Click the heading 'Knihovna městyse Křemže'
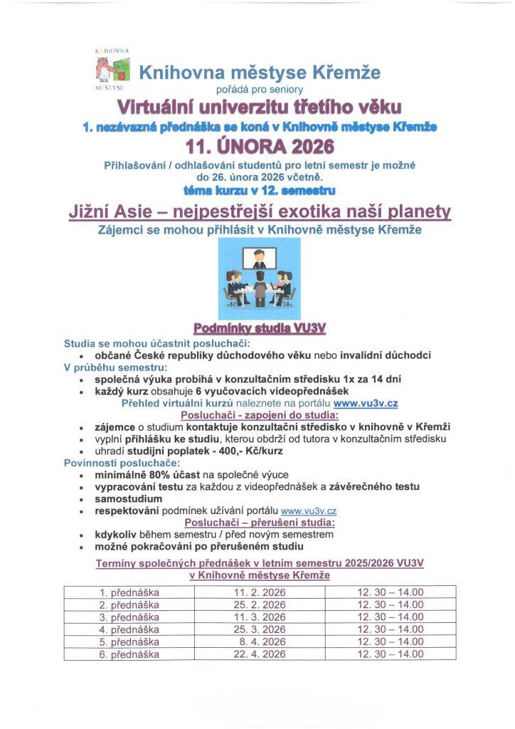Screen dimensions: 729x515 coord(260,73)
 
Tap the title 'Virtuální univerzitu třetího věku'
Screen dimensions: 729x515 coord(260,107)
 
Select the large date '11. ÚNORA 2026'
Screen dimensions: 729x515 coord(260,147)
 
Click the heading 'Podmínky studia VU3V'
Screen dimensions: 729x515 coord(260,328)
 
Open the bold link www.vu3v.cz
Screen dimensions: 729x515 coord(366,403)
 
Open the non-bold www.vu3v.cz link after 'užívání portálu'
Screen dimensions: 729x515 coord(309,510)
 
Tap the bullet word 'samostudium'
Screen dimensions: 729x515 coord(129,498)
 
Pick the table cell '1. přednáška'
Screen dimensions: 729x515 coord(129,592)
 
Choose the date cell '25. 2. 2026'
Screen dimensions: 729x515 coord(260,605)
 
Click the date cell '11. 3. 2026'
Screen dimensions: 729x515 coord(260,617)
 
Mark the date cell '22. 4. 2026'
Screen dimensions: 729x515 coord(260,654)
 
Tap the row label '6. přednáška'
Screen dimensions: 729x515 coord(129,654)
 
